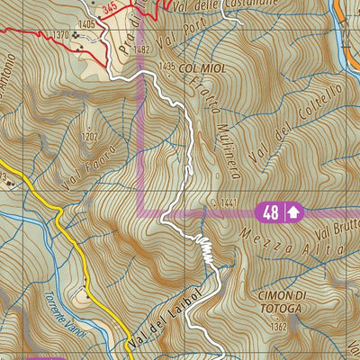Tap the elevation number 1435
pyautogui.click(x=166, y=67)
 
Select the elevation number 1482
pyautogui.click(x=140, y=49)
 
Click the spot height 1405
pyautogui.click(x=86, y=22)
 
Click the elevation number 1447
pyautogui.click(x=227, y=204)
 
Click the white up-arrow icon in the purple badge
pyautogui.click(x=294, y=212)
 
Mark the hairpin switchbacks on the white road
pyautogui.click(x=205, y=248)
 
